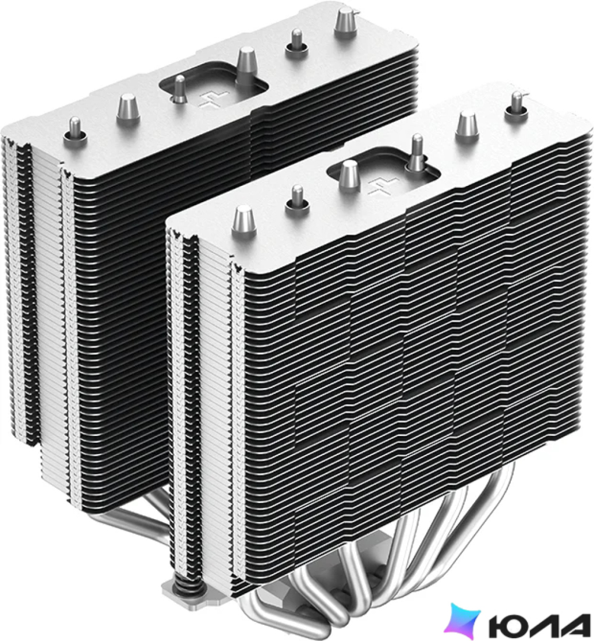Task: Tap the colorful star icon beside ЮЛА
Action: click(x=462, y=621)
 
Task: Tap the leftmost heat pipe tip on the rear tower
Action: click(x=75, y=131)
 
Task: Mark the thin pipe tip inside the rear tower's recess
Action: click(x=179, y=90)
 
